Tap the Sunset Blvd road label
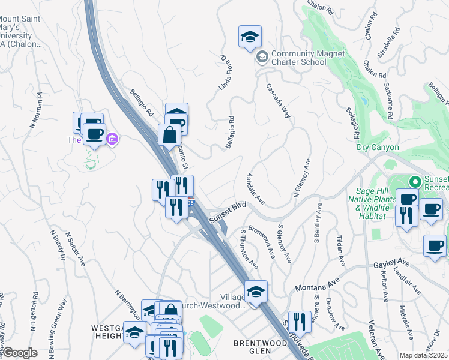[228, 213]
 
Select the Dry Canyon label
[378, 147]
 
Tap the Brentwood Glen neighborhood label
[261, 347]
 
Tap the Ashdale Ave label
[256, 188]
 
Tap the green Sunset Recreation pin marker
[414, 181]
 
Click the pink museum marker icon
[111, 140]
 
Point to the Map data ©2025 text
[423, 355]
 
